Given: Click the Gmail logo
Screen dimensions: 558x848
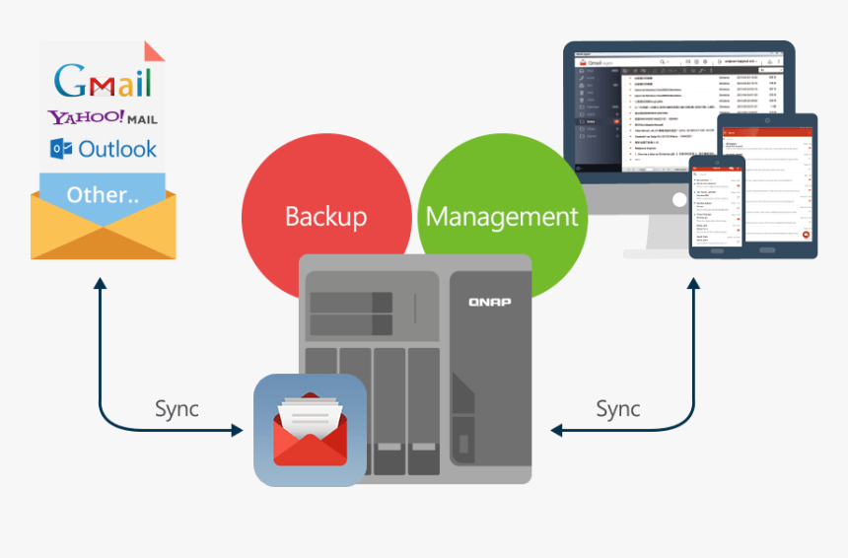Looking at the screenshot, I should (x=103, y=80).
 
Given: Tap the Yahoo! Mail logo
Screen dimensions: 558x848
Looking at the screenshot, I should (x=103, y=117).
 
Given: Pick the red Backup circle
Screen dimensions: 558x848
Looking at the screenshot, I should (x=325, y=215).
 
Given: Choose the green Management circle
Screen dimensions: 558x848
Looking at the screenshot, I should (x=502, y=215).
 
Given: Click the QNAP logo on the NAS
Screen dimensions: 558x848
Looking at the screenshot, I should (x=489, y=302).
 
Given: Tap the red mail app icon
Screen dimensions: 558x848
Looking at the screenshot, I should (x=310, y=430).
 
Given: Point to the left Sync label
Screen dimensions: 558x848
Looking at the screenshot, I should (x=177, y=408).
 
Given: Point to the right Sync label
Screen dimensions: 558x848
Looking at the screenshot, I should (x=618, y=408).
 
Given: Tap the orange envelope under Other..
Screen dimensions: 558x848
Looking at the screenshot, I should (x=103, y=232).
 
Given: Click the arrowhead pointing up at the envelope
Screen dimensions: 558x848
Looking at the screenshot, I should (x=100, y=283).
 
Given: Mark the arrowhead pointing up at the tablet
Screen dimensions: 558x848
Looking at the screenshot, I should (x=693, y=283).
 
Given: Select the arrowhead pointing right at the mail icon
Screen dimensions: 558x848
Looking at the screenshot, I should (x=238, y=430).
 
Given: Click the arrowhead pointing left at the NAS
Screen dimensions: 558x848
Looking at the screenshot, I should (x=556, y=430).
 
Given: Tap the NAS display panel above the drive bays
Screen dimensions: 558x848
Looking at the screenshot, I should (x=349, y=314).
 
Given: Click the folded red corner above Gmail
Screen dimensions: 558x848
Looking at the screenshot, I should (x=154, y=52).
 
